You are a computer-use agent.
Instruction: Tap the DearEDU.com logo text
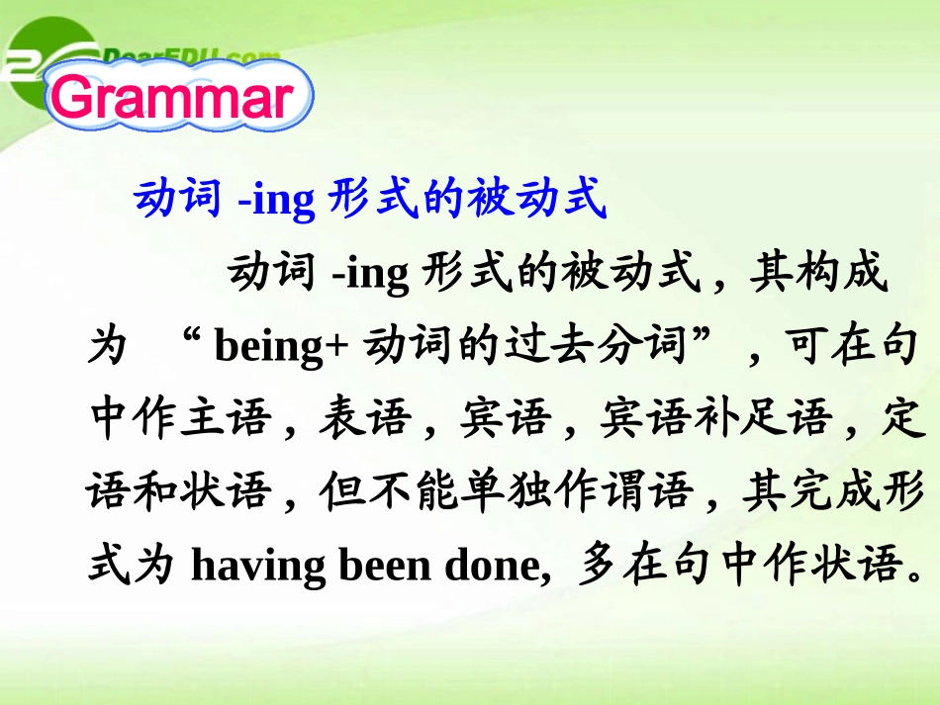pos(191,57)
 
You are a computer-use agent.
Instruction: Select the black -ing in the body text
pos(370,274)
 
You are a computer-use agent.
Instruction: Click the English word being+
pos(281,347)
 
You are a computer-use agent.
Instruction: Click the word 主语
pos(225,417)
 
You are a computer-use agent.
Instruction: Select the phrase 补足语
pos(763,417)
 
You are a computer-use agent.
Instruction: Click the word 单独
pos(508,491)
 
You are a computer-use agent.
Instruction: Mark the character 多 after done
pos(599,564)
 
